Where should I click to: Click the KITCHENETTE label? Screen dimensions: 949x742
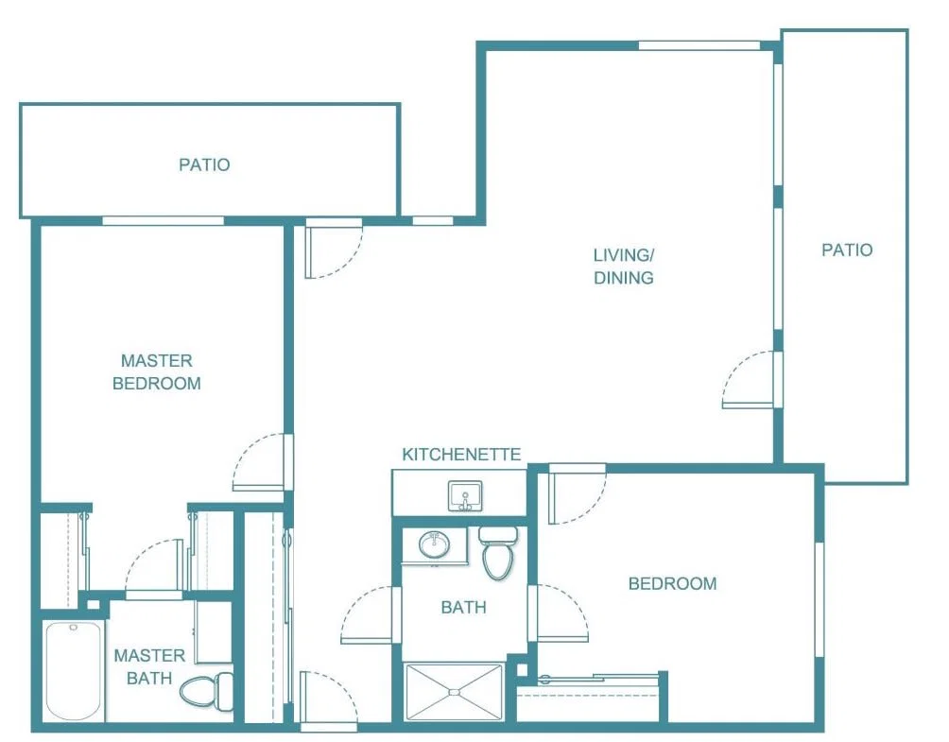(x=461, y=455)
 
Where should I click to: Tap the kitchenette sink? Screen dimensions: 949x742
(x=465, y=496)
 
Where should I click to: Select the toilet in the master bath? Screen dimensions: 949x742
(x=206, y=691)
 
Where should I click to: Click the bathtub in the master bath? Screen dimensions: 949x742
(x=73, y=670)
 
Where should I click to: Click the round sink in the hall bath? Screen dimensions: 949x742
(x=434, y=544)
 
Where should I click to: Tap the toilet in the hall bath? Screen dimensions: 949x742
(x=497, y=552)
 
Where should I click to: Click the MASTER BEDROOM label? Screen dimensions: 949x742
(x=157, y=371)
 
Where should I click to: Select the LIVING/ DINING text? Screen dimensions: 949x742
(x=624, y=267)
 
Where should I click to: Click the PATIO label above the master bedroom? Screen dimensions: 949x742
(x=204, y=164)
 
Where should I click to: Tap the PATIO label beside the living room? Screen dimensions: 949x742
(x=847, y=250)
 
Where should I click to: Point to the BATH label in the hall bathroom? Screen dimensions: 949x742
(x=463, y=607)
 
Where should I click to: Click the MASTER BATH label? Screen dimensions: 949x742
(x=149, y=666)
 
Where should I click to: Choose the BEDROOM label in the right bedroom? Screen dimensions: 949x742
(x=672, y=583)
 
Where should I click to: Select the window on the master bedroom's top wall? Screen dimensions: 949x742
(x=164, y=221)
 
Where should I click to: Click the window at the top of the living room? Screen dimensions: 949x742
(x=699, y=45)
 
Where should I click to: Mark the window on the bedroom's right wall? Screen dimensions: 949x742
(x=820, y=599)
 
